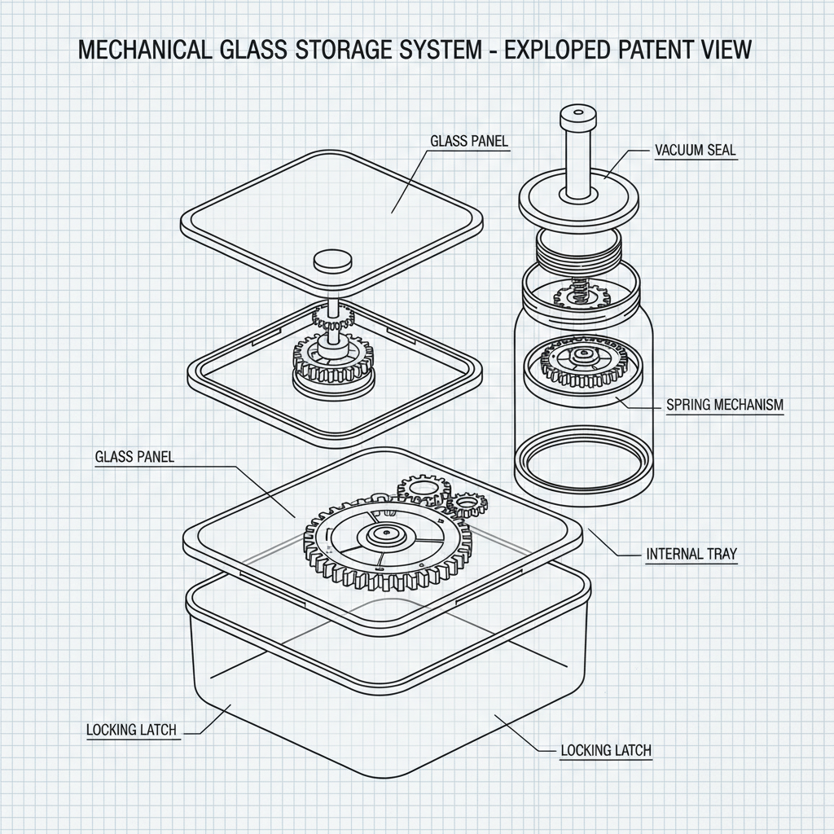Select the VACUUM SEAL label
tap(695, 151)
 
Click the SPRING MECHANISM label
tap(724, 405)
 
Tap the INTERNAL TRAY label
tap(691, 554)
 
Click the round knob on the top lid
tap(334, 261)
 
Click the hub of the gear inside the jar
tap(582, 355)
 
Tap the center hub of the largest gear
tap(381, 535)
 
